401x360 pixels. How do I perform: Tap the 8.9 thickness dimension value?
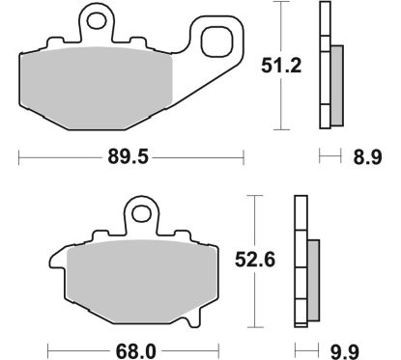[366, 154]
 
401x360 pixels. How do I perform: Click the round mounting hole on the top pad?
[95, 18]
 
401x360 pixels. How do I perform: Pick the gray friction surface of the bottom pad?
[145, 280]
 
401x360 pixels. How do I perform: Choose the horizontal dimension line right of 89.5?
[203, 154]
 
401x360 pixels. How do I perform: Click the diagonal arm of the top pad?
[188, 82]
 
